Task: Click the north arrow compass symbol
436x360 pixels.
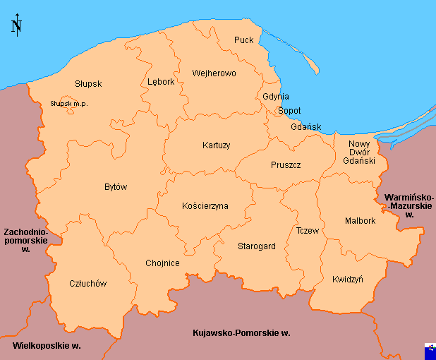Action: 16,25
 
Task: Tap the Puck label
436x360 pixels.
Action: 243,40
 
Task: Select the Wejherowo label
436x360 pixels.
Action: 214,73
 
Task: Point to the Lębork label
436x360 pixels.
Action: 161,82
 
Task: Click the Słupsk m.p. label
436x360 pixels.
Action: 68,104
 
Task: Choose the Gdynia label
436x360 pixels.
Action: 275,97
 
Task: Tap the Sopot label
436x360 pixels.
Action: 289,111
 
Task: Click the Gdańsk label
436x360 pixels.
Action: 305,127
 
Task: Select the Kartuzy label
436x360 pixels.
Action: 216,145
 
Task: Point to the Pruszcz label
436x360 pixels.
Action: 286,165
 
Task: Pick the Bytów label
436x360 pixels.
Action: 116,187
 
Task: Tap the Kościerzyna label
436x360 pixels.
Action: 205,206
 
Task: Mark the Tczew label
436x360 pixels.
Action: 308,231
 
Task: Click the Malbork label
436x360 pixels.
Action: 361,221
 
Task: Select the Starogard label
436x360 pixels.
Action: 256,246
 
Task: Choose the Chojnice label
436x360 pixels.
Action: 162,263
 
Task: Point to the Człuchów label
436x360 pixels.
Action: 88,284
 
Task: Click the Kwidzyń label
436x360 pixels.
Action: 347,280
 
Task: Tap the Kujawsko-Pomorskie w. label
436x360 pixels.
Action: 241,332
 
